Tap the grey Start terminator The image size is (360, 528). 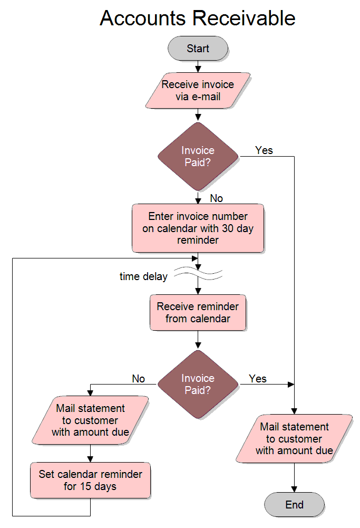(198, 49)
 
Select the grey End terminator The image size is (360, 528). (294, 505)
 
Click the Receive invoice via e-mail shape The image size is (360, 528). (198, 90)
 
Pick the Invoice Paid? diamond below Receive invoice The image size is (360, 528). (198, 157)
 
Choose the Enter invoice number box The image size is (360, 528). (198, 228)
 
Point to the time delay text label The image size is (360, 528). (143, 276)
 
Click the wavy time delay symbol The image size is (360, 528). (198, 273)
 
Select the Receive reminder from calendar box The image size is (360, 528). (198, 313)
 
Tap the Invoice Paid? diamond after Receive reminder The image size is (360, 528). (198, 385)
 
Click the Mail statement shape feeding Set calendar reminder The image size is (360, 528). (90, 420)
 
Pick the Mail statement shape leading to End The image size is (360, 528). (294, 439)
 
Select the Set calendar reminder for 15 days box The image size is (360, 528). (90, 480)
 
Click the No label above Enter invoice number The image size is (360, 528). (216, 198)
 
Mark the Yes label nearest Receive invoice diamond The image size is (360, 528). (264, 150)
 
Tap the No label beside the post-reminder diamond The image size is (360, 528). (138, 379)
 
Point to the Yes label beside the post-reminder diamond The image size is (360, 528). (258, 379)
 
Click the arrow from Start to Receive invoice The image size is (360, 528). (198, 66)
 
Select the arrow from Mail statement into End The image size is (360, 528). (294, 477)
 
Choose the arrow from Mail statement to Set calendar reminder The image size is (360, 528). (90, 453)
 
